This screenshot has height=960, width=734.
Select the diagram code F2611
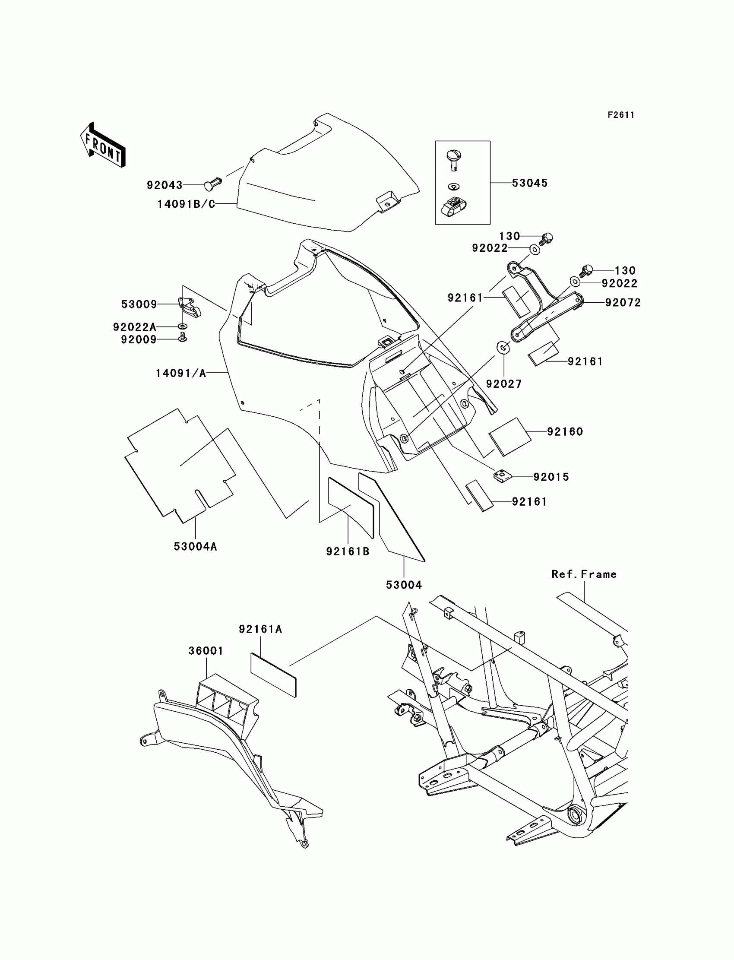tap(621, 115)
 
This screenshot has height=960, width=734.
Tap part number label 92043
tap(164, 185)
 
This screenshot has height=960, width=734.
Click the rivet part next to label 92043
tap(212, 184)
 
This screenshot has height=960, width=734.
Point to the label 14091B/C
tap(186, 204)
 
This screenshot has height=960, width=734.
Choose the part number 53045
tap(529, 183)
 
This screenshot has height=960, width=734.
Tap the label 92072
tap(623, 302)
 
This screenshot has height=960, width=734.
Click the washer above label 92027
tap(503, 348)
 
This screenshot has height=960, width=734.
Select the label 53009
tap(139, 304)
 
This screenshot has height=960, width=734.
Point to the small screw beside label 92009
tap(183, 337)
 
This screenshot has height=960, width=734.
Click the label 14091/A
tap(181, 373)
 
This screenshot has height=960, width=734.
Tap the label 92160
tap(565, 432)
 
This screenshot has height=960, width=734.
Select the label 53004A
tap(195, 546)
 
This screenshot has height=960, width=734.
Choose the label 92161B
tap(348, 551)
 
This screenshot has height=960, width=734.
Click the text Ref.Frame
tap(584, 574)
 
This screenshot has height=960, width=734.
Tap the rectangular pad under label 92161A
tap(273, 674)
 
